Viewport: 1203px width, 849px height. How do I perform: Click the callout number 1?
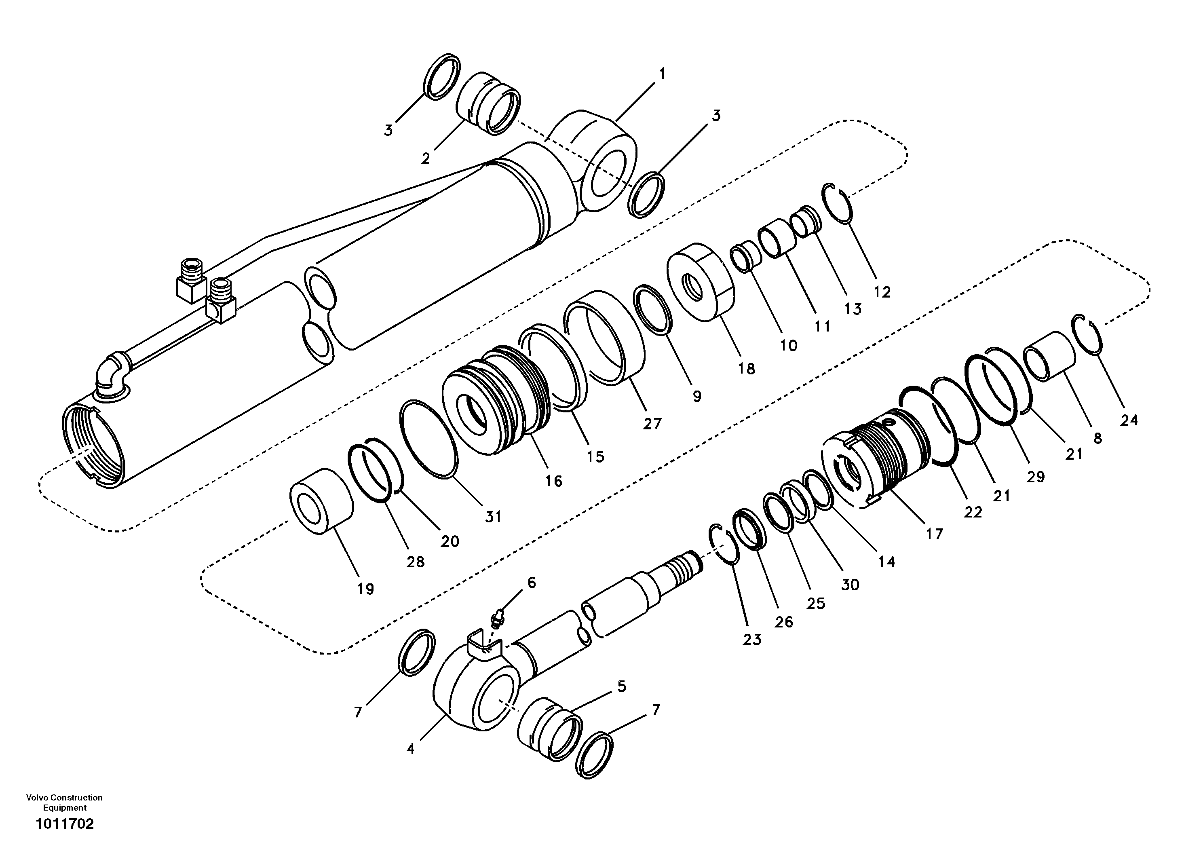tap(662, 74)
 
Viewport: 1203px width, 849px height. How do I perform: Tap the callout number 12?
tap(882, 292)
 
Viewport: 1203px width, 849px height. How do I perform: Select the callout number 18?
tap(746, 369)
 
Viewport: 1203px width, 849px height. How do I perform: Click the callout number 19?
tap(366, 589)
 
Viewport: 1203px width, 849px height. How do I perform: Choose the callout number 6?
tap(531, 582)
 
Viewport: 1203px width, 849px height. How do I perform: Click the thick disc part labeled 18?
tap(701, 283)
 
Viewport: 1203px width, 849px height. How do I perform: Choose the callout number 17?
tap(934, 534)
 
